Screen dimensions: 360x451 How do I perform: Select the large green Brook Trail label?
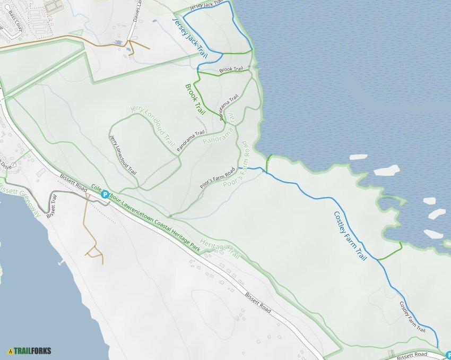[x=195, y=99]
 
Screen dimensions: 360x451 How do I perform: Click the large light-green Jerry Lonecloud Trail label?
[x=152, y=126]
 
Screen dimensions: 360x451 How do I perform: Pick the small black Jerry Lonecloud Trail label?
[x=123, y=155]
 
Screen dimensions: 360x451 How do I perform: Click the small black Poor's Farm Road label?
[x=217, y=179]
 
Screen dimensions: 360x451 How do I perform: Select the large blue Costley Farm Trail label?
[x=350, y=235]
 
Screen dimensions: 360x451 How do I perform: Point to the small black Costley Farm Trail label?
[x=412, y=317]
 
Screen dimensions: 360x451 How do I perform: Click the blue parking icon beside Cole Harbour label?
[x=105, y=195]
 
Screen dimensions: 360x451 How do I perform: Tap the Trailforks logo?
[x=29, y=350]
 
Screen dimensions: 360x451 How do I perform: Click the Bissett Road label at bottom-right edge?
[x=412, y=354]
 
